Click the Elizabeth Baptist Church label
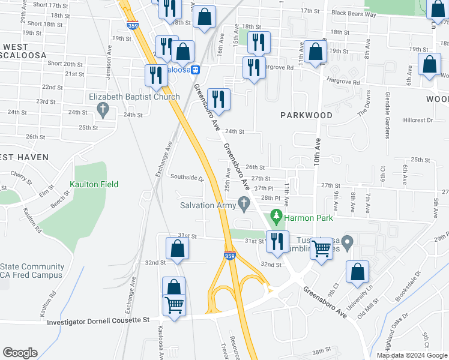coord(134,97)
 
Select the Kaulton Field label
coord(91,184)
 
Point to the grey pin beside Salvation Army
coord(244,205)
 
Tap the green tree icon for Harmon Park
coord(276,215)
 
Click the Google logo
coord(20,353)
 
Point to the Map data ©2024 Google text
coord(411,355)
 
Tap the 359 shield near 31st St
coord(230,256)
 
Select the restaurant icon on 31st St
coord(277,241)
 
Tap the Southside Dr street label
coord(187,178)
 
